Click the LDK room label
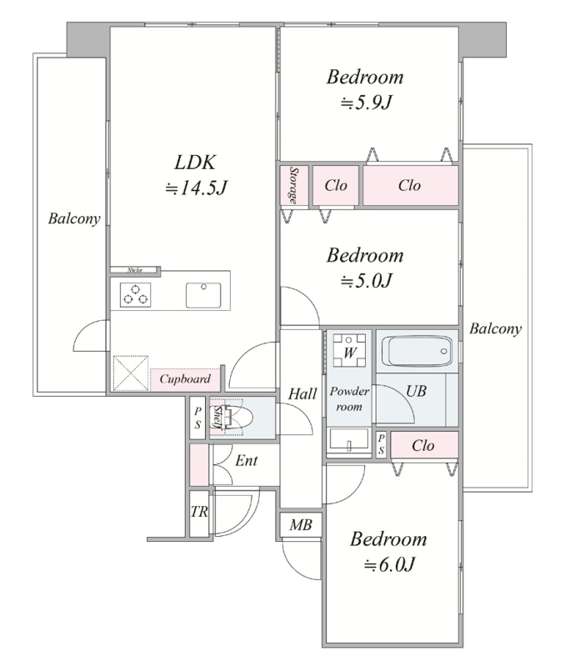196,163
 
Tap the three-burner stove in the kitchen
136,295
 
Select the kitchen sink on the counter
203,295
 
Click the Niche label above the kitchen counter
135,270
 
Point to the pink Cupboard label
185,379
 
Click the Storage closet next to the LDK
293,185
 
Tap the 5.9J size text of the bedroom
366,103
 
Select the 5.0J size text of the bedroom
366,281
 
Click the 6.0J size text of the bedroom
389,565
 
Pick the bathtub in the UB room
417,351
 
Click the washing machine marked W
349,351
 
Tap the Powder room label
349,398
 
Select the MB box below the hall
301,525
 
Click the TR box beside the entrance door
199,513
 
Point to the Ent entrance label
247,460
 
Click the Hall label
302,394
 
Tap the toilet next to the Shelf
237,418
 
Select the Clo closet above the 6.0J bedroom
424,445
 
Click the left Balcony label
74,218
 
